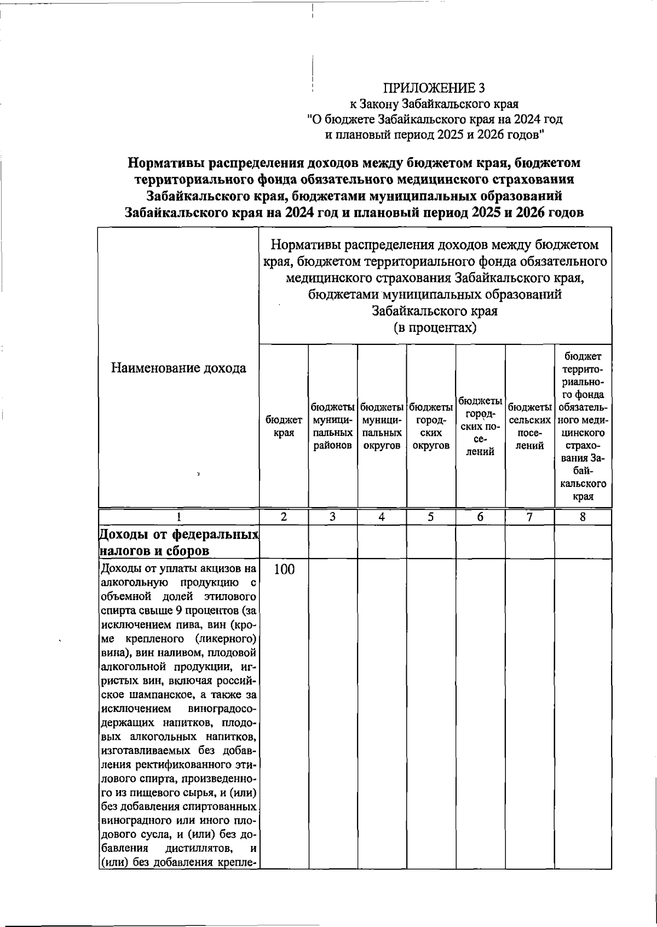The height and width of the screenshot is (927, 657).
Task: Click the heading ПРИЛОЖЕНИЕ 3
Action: click(434, 88)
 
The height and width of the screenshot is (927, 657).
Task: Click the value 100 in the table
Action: click(284, 569)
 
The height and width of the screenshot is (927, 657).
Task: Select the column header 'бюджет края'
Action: click(284, 426)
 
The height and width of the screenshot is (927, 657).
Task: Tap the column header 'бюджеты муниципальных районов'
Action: click(332, 426)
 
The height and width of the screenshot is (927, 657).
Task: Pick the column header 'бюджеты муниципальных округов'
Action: click(382, 426)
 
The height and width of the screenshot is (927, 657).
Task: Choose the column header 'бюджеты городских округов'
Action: click(431, 426)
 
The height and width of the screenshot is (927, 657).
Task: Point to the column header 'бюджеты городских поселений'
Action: click(480, 426)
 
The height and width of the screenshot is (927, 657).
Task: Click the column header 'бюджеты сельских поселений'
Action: click(529, 426)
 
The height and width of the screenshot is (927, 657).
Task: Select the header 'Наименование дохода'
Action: click(179, 368)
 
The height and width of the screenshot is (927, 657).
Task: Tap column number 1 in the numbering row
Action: click(178, 517)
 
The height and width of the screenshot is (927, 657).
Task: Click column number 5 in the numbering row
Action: click(431, 517)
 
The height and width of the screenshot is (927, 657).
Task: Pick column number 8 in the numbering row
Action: click(583, 517)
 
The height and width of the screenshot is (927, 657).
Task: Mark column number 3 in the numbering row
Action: click(332, 517)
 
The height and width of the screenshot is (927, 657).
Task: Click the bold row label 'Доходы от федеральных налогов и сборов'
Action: click(179, 542)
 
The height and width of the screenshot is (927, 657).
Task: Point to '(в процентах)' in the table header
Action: click(435, 328)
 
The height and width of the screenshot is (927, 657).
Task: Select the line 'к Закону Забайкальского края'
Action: click(434, 103)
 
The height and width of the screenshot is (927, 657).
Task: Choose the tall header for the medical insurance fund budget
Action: click(583, 426)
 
